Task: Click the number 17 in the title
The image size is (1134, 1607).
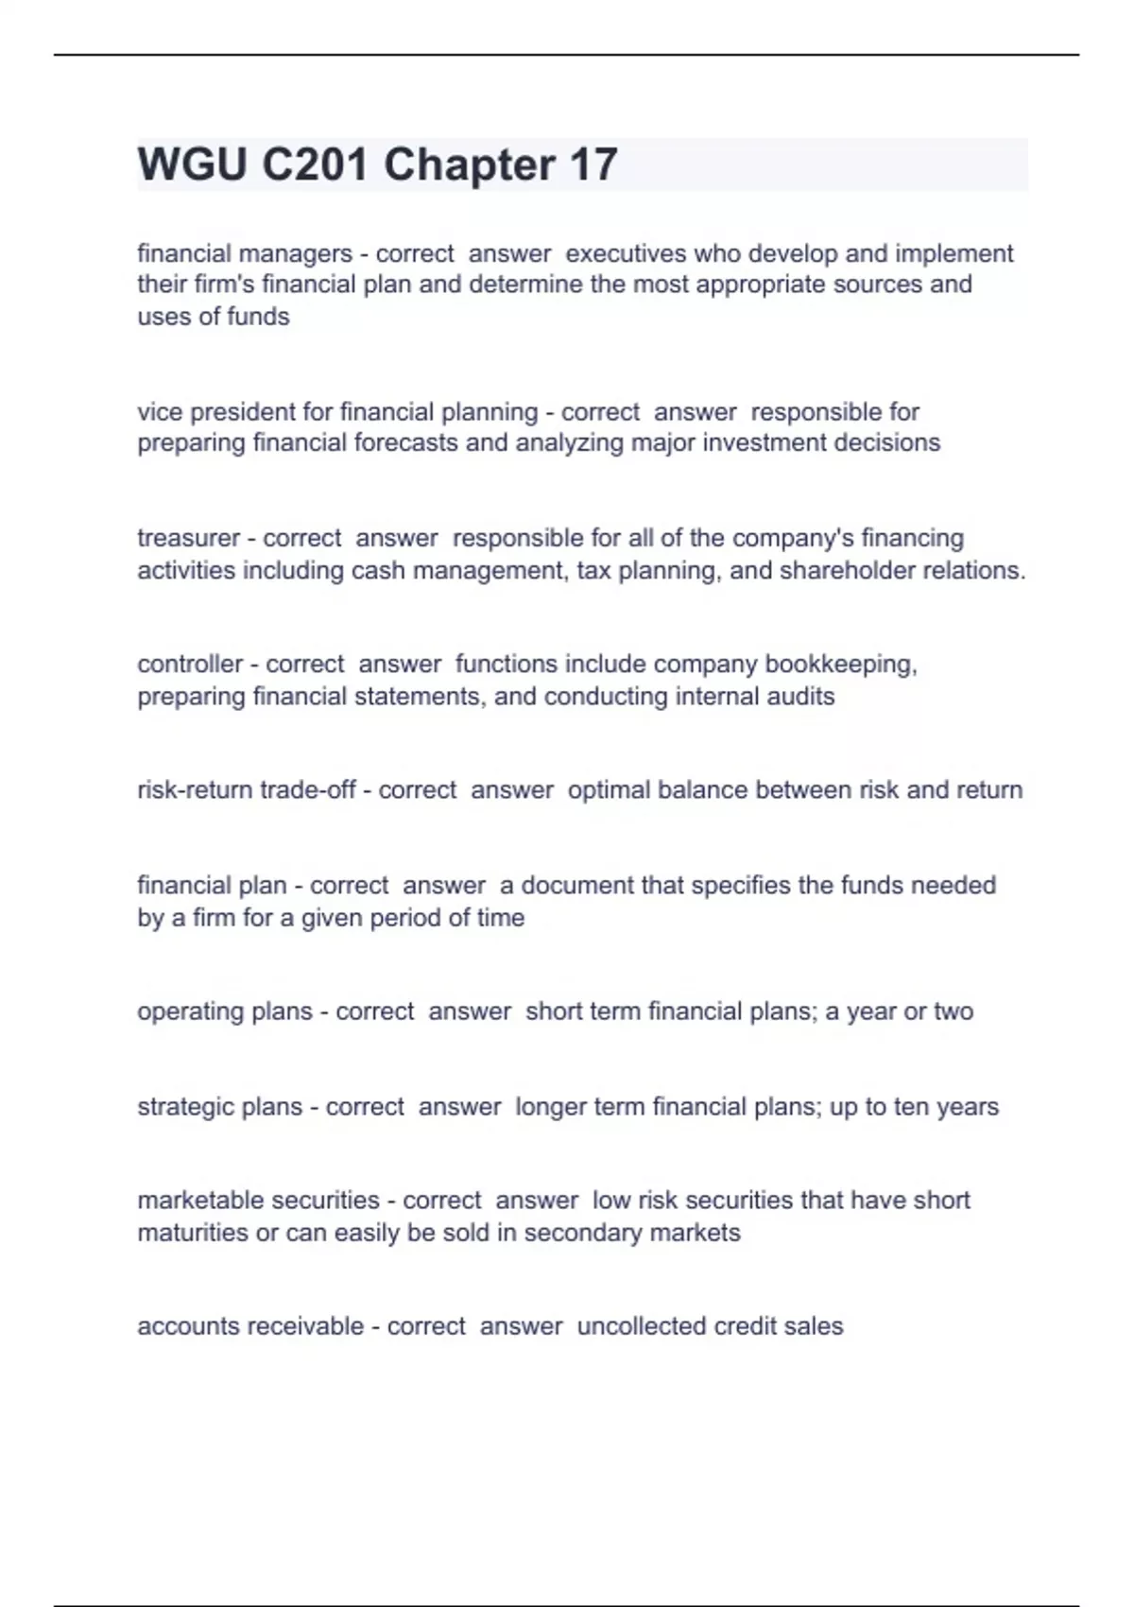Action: click(x=593, y=164)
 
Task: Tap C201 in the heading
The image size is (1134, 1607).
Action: click(x=315, y=164)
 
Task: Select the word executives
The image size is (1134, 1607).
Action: click(x=626, y=253)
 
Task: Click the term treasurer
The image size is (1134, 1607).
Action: click(x=188, y=538)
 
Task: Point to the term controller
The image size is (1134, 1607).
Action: click(x=190, y=664)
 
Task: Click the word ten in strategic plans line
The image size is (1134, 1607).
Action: click(x=911, y=1106)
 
